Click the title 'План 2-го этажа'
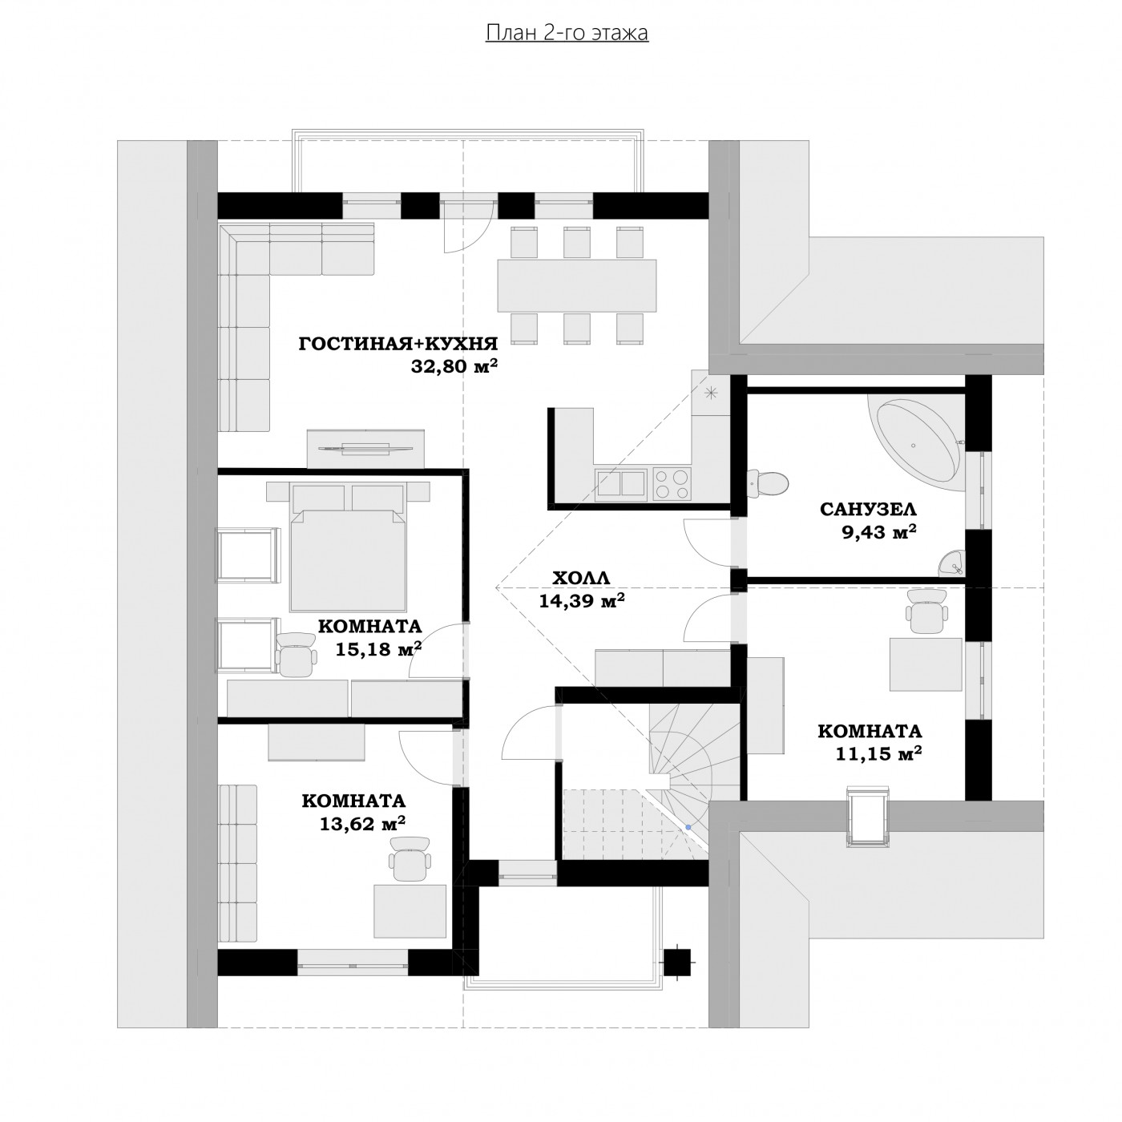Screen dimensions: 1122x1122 pyautogui.click(x=567, y=33)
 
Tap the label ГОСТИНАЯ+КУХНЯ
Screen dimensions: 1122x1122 pyautogui.click(x=398, y=344)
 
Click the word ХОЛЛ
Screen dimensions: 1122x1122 pyautogui.click(x=580, y=578)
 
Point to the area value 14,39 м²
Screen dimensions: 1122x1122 pyautogui.click(x=582, y=600)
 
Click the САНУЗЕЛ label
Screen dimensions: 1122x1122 pyautogui.click(x=868, y=510)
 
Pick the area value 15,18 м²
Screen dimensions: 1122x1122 pyautogui.click(x=378, y=648)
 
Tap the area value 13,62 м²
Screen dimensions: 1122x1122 pyautogui.click(x=362, y=823)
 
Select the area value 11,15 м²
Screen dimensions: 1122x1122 pyautogui.click(x=878, y=753)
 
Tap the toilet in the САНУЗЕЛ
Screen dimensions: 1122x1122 pyautogui.click(x=768, y=482)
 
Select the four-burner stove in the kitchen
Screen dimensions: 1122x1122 pyautogui.click(x=672, y=484)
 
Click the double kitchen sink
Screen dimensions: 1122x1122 pyautogui.click(x=620, y=484)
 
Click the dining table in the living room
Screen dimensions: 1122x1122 pyautogui.click(x=576, y=285)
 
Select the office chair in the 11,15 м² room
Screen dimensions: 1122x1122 pyautogui.click(x=926, y=611)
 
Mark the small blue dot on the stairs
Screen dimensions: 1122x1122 pyautogui.click(x=688, y=827)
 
